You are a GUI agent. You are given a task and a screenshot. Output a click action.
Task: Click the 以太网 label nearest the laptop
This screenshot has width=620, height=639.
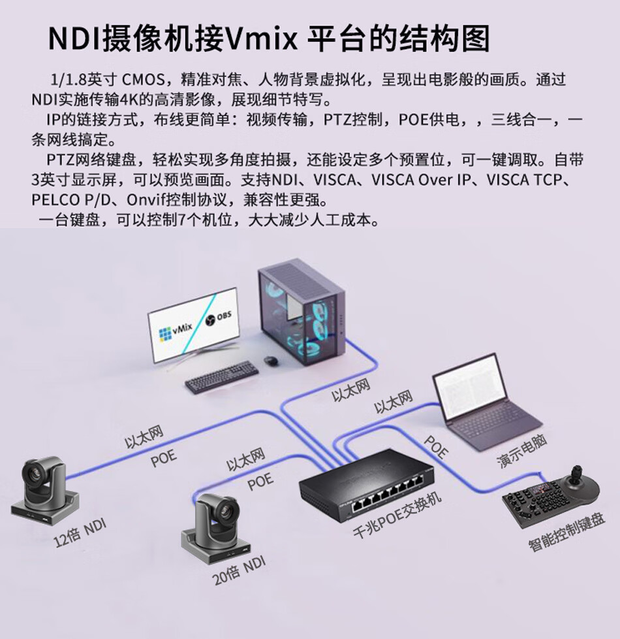(394, 403)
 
